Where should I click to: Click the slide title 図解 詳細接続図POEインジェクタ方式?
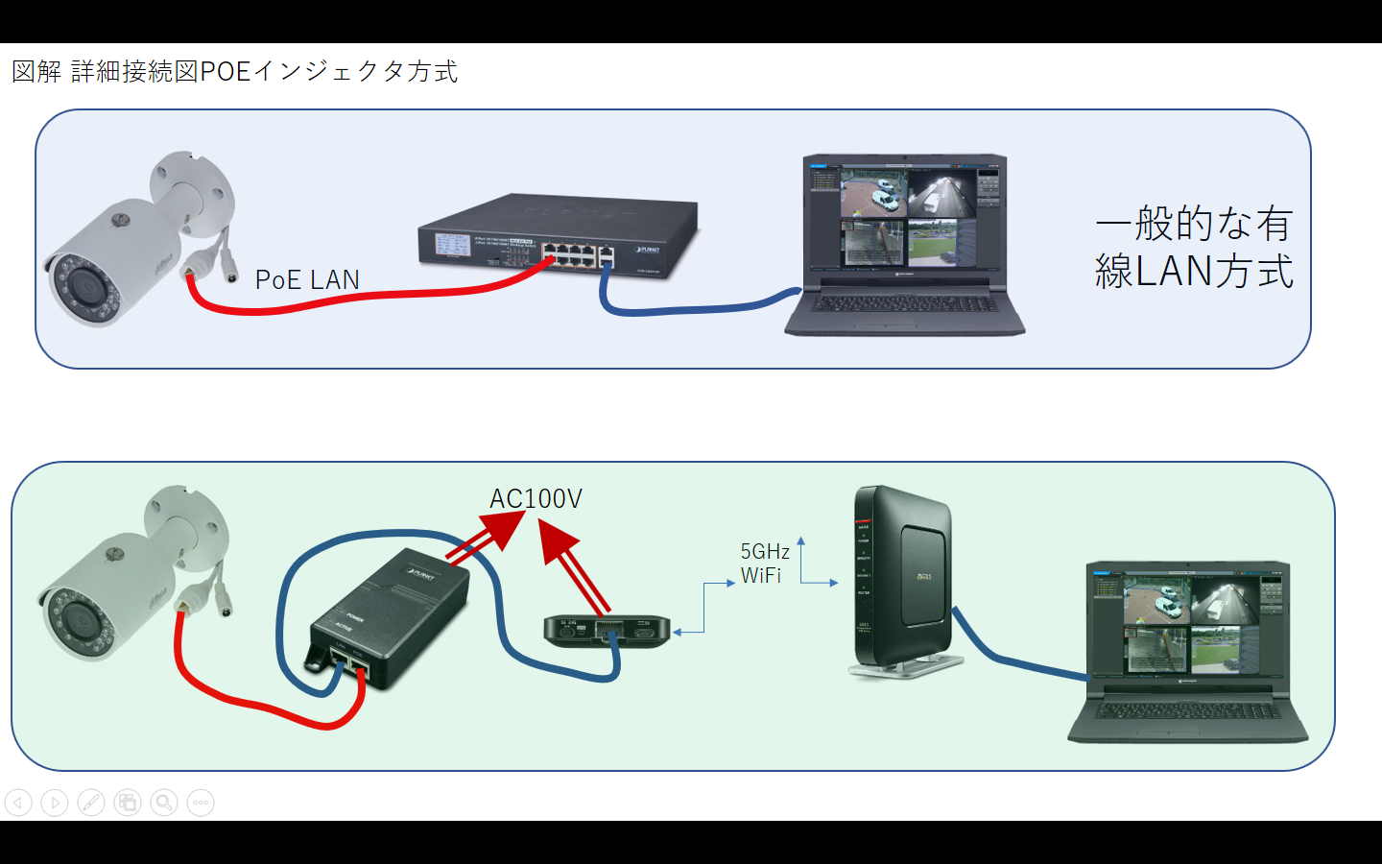[234, 72]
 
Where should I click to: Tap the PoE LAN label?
[307, 279]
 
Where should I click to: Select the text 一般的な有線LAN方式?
[1194, 248]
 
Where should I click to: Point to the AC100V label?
[536, 499]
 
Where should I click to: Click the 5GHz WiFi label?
[764, 564]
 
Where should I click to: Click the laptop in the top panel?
[904, 245]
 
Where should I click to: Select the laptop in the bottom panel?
[1188, 653]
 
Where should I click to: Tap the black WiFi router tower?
[902, 581]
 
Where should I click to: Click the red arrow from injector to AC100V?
[485, 537]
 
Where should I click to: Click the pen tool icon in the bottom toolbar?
[91, 803]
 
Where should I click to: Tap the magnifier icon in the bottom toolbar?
[164, 803]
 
